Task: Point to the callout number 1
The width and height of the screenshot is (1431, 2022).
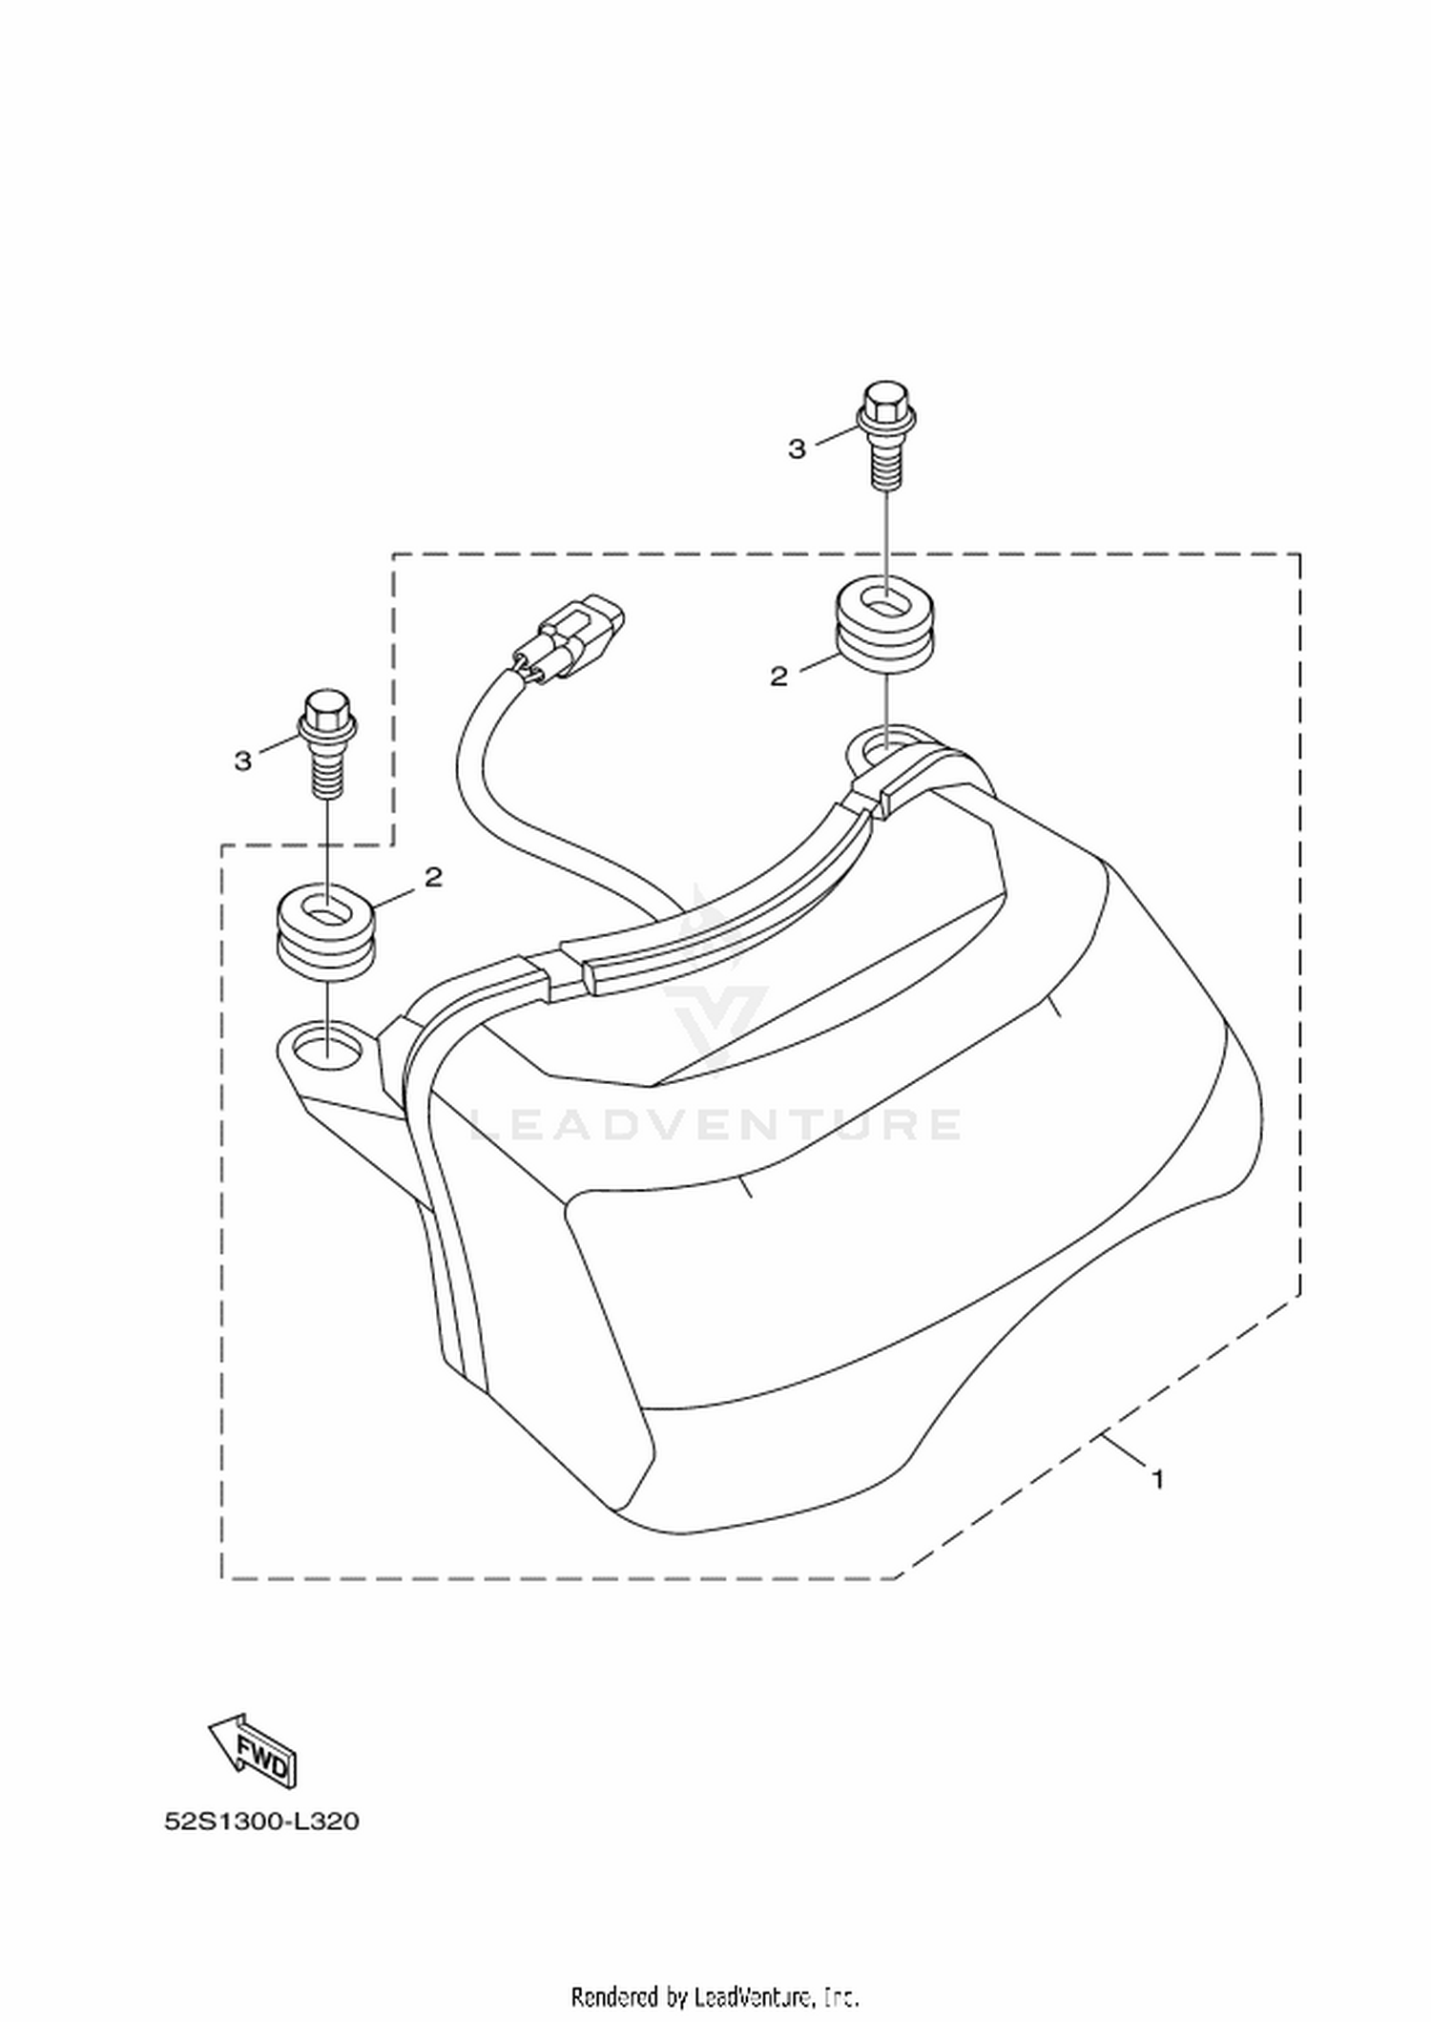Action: click(x=1158, y=1480)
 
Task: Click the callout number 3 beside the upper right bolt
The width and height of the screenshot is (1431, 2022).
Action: click(x=797, y=449)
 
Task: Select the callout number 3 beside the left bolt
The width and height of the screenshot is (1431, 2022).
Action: click(x=243, y=761)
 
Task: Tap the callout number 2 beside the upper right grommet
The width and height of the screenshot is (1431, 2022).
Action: click(x=779, y=677)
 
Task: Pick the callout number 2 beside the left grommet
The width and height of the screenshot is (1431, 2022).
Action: click(x=434, y=877)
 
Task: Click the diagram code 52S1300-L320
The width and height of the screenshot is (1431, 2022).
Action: click(x=262, y=1822)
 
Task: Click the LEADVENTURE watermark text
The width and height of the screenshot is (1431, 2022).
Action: click(x=715, y=1124)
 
